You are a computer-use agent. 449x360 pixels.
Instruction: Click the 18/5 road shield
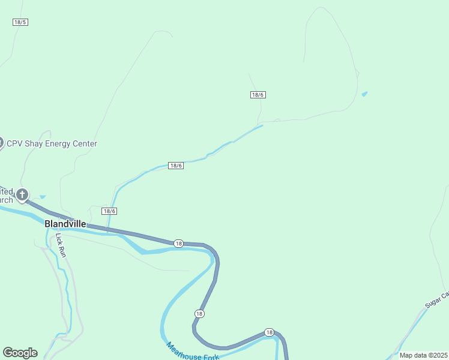click(20, 22)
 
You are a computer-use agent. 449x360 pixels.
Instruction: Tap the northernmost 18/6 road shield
click(258, 95)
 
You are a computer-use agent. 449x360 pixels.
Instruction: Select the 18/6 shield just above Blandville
click(109, 211)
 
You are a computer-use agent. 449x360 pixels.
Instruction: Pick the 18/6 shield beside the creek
click(175, 166)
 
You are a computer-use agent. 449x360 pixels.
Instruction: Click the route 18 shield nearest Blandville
click(178, 243)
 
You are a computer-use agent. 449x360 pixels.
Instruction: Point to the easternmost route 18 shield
click(268, 332)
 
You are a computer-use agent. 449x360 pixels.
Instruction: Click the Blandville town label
click(65, 224)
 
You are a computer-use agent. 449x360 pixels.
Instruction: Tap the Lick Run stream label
click(60, 245)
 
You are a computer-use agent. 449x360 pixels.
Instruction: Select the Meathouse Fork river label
click(193, 352)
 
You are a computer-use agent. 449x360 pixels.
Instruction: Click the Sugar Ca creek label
click(437, 299)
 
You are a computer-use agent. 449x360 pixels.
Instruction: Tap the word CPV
click(14, 144)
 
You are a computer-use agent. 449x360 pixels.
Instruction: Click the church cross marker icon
click(22, 194)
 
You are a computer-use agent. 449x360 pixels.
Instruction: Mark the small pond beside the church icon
click(42, 196)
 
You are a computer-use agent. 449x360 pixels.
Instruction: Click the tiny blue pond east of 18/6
click(364, 94)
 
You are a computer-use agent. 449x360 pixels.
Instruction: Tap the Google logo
click(20, 353)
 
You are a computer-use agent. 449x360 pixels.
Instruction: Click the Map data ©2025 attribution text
click(424, 355)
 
